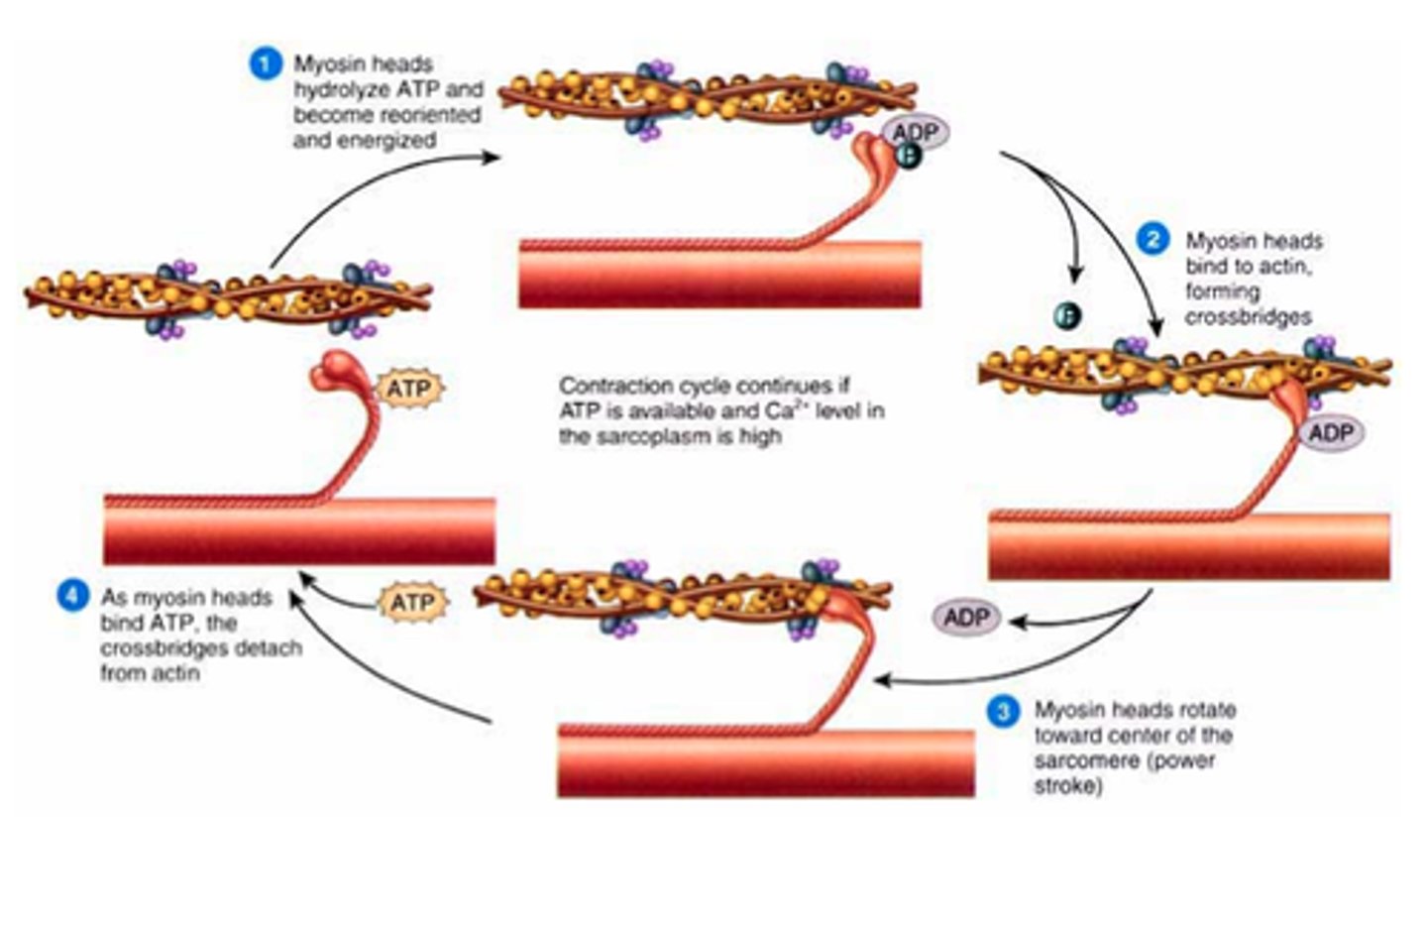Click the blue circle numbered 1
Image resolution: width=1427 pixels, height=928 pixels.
[265, 64]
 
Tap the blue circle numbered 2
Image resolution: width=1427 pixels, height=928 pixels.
[1152, 240]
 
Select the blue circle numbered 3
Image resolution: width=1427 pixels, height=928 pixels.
[1003, 710]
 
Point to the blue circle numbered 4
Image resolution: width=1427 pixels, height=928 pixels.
[72, 597]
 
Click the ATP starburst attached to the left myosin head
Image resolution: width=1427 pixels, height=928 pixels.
[408, 389]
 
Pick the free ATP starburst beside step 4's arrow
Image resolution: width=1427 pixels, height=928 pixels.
[412, 603]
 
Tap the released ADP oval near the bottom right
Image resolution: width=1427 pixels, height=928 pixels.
[966, 618]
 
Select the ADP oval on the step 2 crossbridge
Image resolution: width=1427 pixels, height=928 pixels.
[1330, 433]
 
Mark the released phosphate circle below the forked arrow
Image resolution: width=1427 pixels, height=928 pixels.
[1067, 315]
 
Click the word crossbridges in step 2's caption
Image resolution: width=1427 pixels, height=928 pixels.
[1248, 317]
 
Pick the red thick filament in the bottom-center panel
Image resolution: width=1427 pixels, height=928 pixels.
[765, 762]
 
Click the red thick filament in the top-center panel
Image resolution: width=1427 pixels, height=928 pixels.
[719, 275]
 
